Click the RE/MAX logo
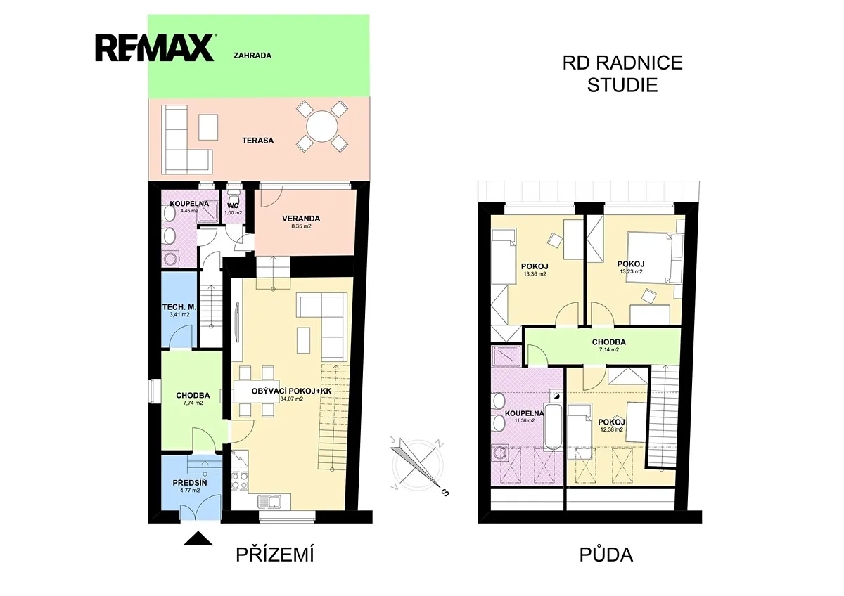point(155,48)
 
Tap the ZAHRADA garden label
point(252,56)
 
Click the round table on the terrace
point(322,126)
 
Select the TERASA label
point(258,141)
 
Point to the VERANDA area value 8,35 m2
point(301,226)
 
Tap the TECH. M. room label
point(179,307)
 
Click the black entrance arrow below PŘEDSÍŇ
point(198,539)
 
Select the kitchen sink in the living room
point(270,502)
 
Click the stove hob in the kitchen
point(240,481)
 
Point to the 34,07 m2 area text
point(292,399)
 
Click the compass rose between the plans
point(418,466)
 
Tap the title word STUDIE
point(622,85)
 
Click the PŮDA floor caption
point(606,555)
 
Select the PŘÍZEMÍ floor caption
point(275,555)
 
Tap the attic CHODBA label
point(609,342)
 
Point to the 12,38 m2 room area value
point(611,429)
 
